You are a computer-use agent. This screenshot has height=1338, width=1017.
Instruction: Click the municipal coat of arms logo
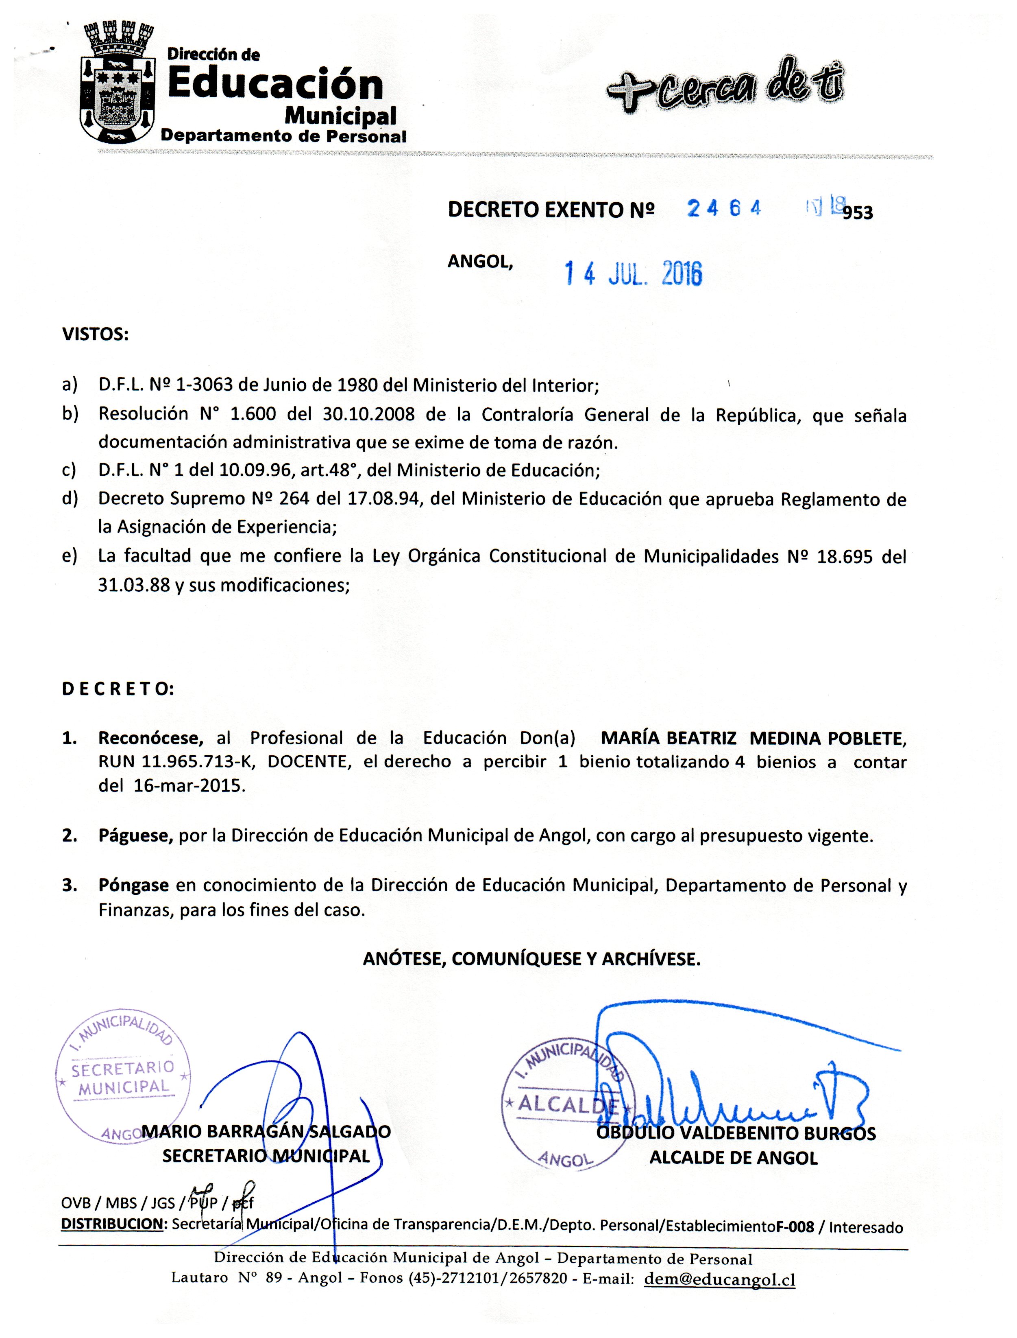coord(119,82)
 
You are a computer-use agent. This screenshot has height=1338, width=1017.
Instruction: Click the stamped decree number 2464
coord(723,208)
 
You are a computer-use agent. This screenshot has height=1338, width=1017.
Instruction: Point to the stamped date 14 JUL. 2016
coord(633,274)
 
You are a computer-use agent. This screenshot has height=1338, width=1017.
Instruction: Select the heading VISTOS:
coord(95,334)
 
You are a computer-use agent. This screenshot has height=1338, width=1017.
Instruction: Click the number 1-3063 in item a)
coord(204,385)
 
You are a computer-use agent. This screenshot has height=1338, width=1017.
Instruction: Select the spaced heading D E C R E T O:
coord(118,689)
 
